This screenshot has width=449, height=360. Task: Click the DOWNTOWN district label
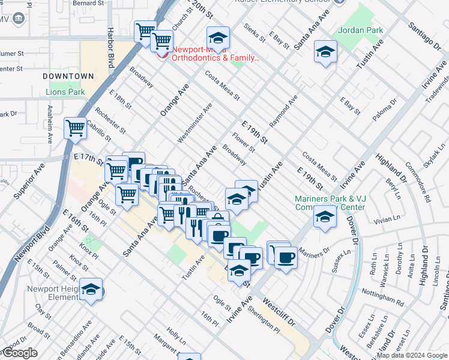click(68, 76)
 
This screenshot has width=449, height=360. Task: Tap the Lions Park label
click(65, 92)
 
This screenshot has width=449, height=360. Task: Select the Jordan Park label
click(360, 29)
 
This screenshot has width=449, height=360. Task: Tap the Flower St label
click(245, 142)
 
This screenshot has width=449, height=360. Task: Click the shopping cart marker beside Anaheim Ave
click(75, 127)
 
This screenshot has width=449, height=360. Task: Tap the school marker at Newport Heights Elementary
click(91, 289)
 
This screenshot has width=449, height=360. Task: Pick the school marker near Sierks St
click(218, 38)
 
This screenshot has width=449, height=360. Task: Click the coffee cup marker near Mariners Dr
click(285, 257)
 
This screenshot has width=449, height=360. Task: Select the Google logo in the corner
click(19, 353)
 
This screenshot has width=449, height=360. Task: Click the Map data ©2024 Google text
click(412, 355)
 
